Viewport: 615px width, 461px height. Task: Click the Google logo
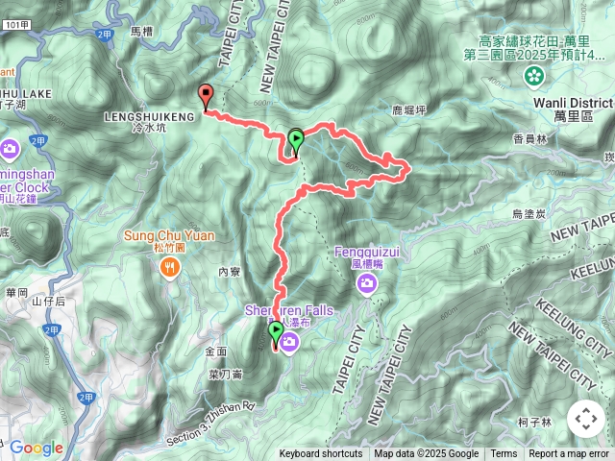36,448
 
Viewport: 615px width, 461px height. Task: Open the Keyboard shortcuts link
321,454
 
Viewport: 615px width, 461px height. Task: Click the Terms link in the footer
504,454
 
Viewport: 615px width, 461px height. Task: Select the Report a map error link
569,454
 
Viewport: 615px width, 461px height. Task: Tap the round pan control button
585,419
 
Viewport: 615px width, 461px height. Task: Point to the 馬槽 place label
140,32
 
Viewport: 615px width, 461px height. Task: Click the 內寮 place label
229,272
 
